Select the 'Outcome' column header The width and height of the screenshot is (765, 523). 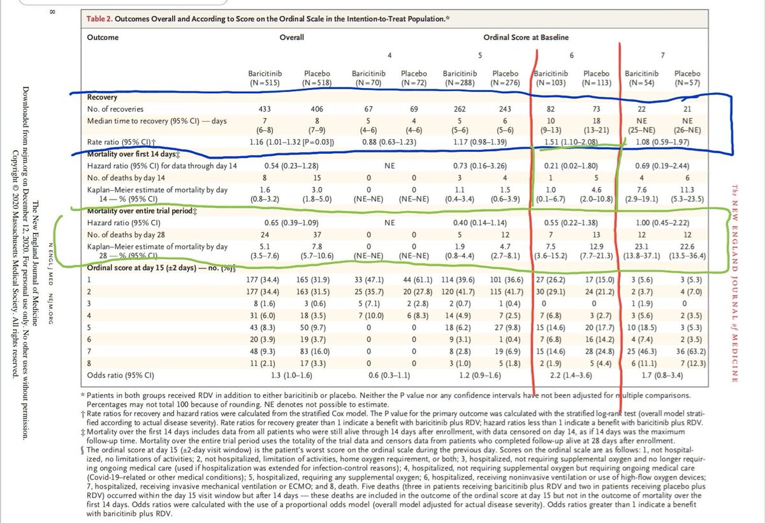coord(103,37)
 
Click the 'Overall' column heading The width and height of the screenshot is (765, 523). coord(291,37)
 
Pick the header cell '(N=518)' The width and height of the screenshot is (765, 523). coord(317,82)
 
